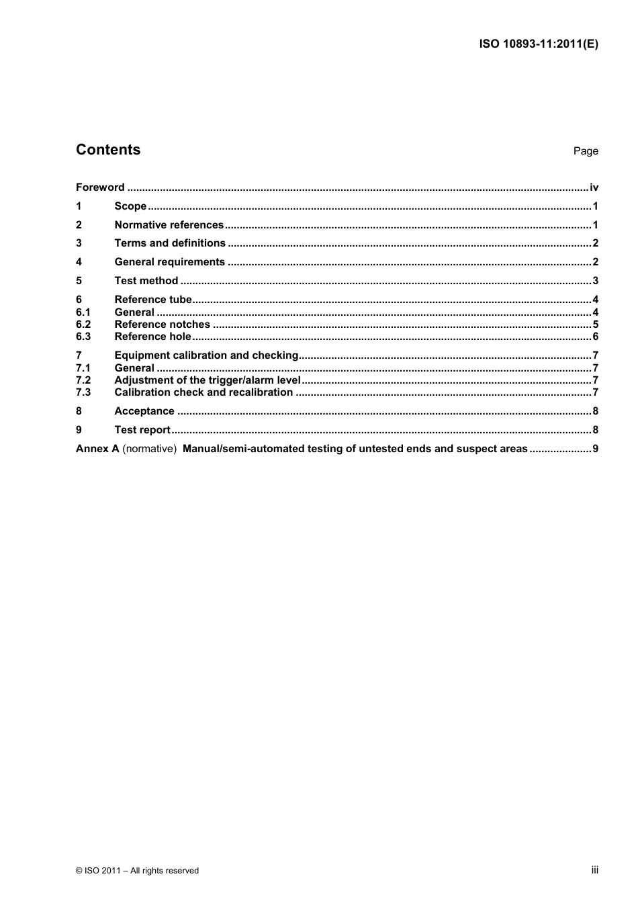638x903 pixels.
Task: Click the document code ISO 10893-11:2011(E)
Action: click(539, 44)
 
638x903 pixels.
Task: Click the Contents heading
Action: click(108, 150)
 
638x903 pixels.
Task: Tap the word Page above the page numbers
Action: click(586, 151)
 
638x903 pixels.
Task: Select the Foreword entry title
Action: click(100, 187)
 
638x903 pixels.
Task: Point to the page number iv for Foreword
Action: click(594, 187)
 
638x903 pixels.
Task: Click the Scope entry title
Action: click(130, 206)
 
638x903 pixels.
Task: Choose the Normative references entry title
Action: click(169, 225)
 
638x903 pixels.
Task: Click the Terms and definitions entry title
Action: click(170, 243)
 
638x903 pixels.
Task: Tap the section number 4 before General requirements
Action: click(79, 262)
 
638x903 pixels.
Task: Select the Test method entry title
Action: click(146, 281)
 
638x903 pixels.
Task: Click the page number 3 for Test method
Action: click(595, 281)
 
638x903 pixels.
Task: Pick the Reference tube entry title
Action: click(153, 300)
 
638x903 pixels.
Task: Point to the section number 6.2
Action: click(83, 325)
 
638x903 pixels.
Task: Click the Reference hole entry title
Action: click(152, 337)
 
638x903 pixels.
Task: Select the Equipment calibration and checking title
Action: click(206, 355)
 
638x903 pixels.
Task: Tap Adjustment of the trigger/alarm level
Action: click(208, 380)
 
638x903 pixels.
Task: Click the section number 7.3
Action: click(83, 392)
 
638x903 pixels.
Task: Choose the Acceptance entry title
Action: click(144, 411)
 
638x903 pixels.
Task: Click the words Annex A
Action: click(97, 449)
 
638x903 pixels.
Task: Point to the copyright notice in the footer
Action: click(138, 871)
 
